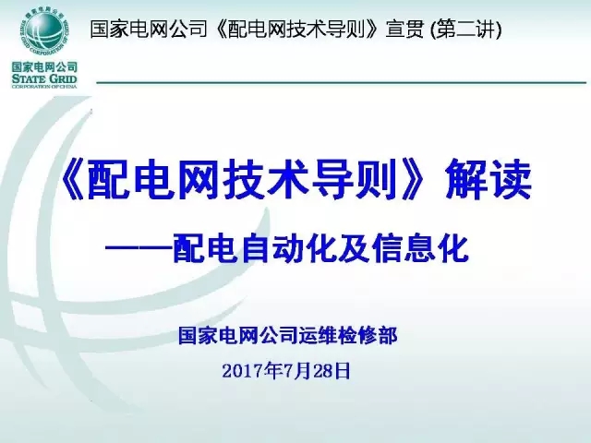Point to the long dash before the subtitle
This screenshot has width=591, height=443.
click(x=139, y=250)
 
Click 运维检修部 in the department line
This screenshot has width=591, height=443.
click(x=352, y=336)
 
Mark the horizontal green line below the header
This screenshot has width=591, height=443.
click(x=342, y=82)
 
